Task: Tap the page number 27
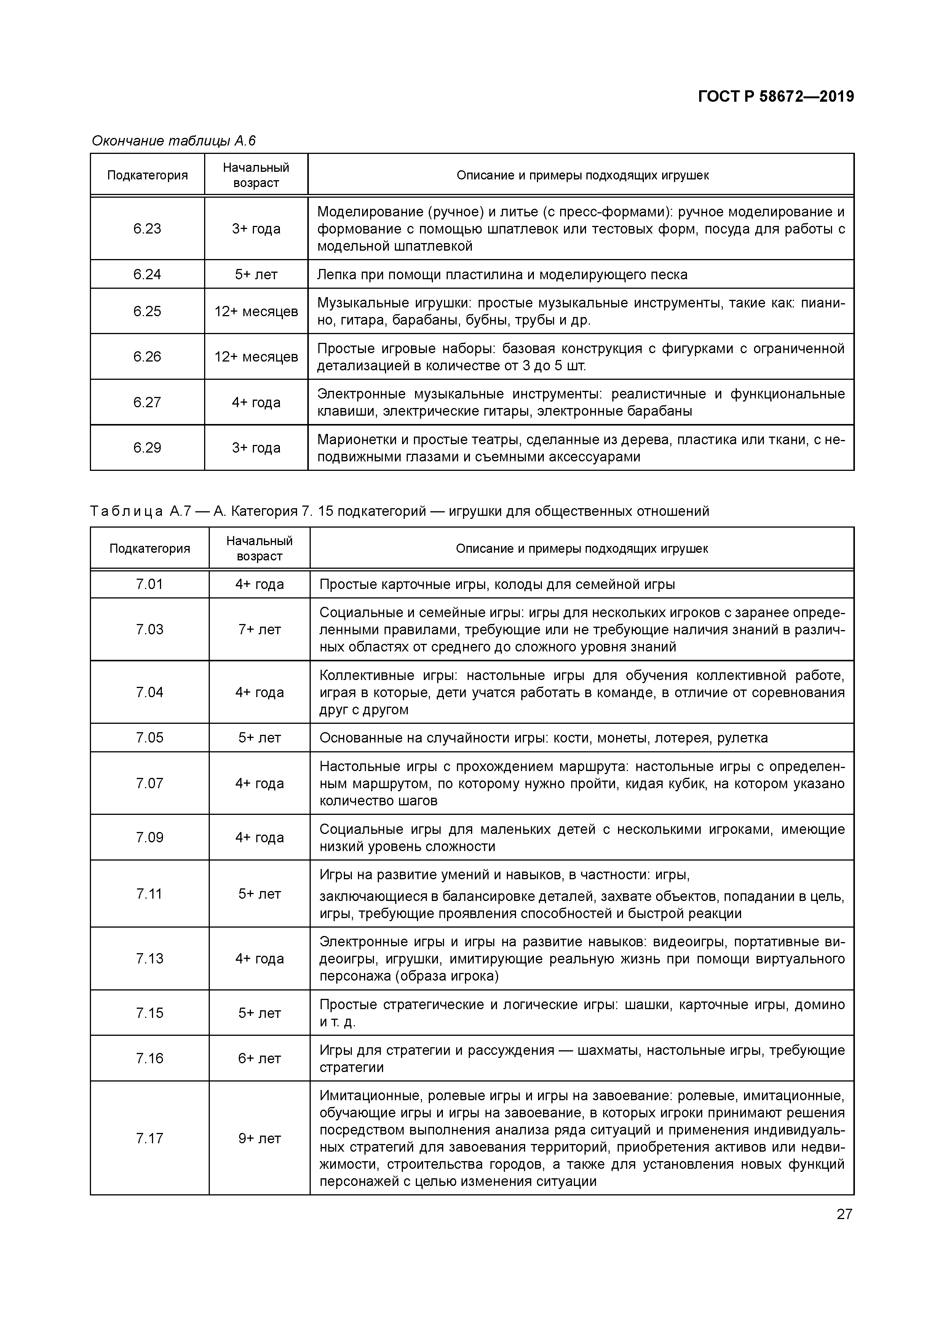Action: [844, 1214]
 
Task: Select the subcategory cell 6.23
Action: [147, 229]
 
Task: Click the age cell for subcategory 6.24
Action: [256, 274]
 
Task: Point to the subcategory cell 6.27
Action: [147, 402]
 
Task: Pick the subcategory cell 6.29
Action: [147, 448]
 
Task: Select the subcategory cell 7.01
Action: [150, 584]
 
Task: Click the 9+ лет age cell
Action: [259, 1138]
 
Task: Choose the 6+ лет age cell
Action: [259, 1058]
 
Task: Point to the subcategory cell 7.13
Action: [150, 958]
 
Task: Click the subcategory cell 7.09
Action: [150, 837]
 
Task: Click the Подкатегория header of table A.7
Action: [150, 549]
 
